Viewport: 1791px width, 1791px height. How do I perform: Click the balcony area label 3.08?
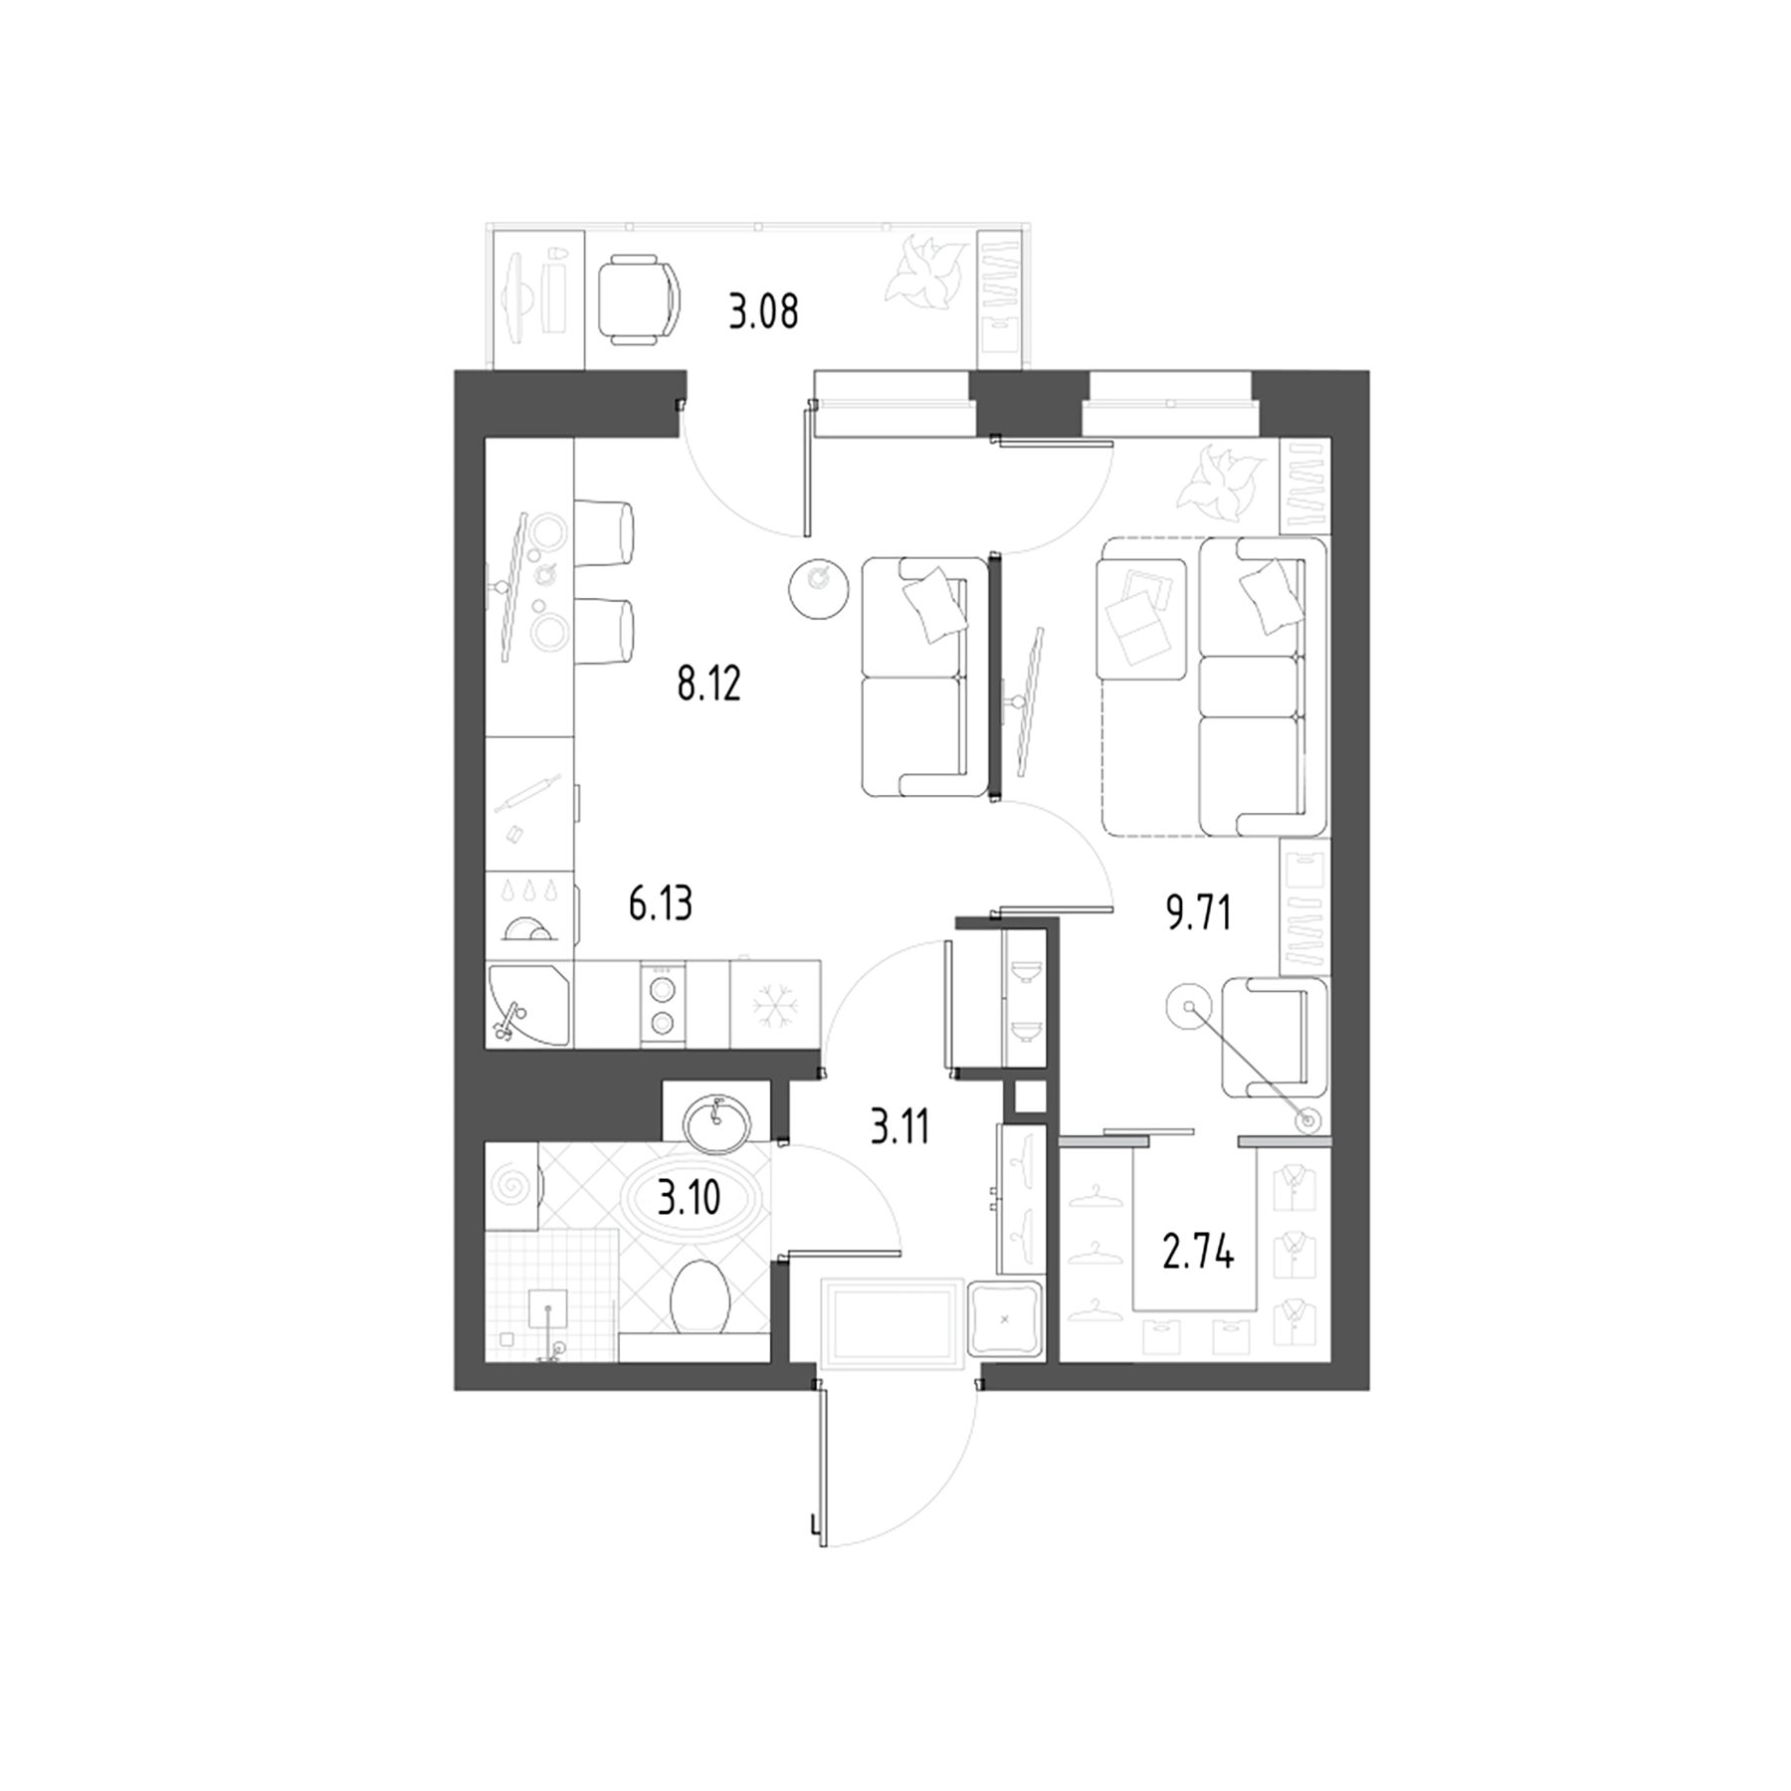pos(763,312)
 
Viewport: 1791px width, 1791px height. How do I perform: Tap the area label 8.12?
pos(708,685)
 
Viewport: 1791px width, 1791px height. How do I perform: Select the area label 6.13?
pos(660,904)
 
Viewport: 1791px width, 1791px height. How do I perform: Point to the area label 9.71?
pos(1198,912)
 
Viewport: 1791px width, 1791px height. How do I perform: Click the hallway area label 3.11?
pos(899,1128)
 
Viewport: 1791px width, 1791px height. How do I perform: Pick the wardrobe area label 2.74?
pos(1198,1255)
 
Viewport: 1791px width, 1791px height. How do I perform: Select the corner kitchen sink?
pos(527,1003)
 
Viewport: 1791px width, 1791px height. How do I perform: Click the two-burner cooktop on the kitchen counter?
pos(663,1004)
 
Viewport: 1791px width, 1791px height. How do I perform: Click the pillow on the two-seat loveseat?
pos(933,607)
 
